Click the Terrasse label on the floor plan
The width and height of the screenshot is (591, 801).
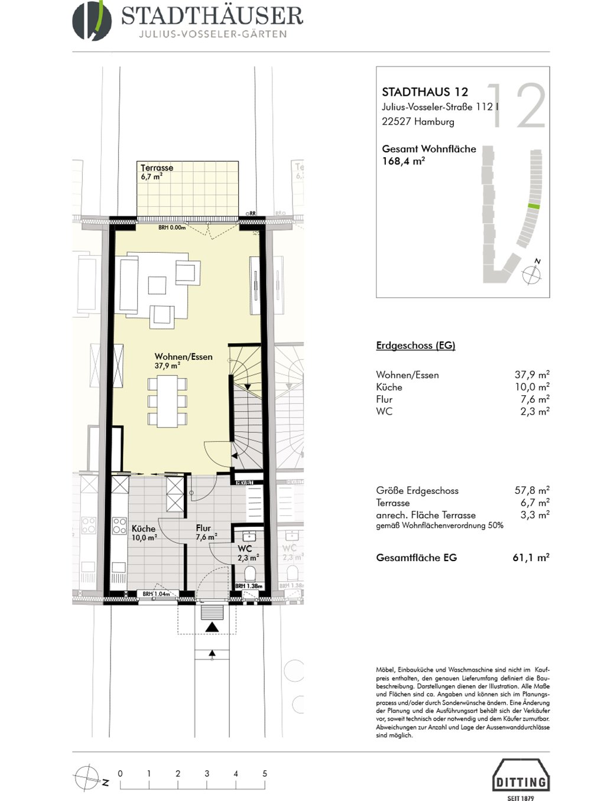(x=157, y=168)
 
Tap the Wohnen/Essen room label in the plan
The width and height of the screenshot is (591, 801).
(x=183, y=357)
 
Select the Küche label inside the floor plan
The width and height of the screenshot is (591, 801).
(x=144, y=529)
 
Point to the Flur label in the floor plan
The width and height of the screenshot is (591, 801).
(x=203, y=528)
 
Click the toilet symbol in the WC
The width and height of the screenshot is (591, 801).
(x=249, y=573)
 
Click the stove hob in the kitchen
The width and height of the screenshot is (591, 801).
(x=119, y=525)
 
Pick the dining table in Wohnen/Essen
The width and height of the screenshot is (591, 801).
(x=167, y=401)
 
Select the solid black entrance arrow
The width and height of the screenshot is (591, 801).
(x=212, y=627)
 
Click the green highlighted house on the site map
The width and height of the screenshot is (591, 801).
(x=534, y=206)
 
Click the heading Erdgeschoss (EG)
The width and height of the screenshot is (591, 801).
(x=415, y=346)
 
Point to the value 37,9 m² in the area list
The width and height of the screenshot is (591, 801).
(x=531, y=375)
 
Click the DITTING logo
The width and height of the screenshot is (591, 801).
(x=520, y=782)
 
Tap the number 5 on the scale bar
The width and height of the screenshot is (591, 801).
(x=265, y=773)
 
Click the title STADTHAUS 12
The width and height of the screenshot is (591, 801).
(x=425, y=92)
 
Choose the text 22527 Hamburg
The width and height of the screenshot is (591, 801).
(x=418, y=122)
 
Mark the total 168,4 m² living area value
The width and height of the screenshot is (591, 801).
(x=403, y=161)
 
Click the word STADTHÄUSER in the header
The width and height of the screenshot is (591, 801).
(x=212, y=16)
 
